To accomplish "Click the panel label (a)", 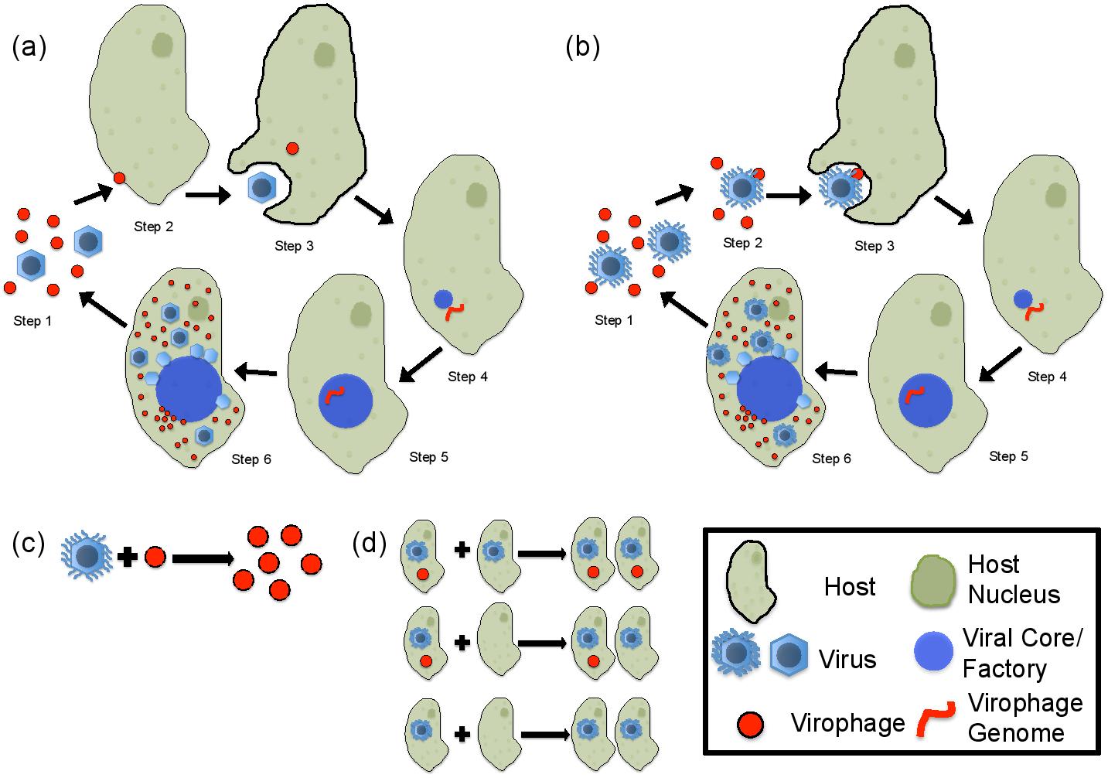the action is point(29,49).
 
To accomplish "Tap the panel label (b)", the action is point(583,49).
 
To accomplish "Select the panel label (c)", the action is point(28,544).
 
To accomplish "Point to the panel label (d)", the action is point(369,544).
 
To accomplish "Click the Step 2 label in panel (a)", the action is point(153,227).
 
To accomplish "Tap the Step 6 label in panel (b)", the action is point(831,459).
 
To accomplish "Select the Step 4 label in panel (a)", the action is point(468,377).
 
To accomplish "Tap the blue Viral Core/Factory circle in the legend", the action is point(933,651).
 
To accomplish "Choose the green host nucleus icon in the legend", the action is point(933,581).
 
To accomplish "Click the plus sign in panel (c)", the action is point(127,558).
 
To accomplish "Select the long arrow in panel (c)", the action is point(203,559).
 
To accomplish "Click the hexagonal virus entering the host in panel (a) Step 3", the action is point(261,188).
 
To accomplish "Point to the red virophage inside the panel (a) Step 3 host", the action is point(292,148).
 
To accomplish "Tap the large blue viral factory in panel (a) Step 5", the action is point(346,400).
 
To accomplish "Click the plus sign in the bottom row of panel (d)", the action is point(462,735).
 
